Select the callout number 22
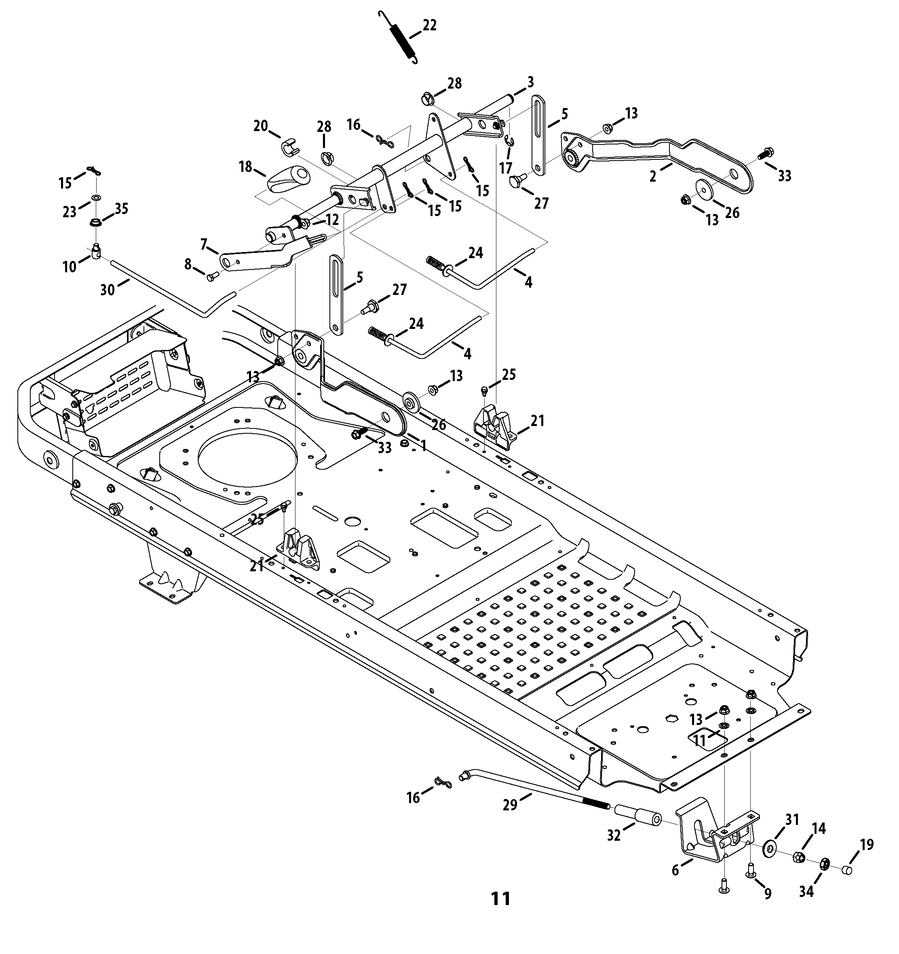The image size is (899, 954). (x=429, y=25)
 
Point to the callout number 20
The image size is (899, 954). (x=261, y=126)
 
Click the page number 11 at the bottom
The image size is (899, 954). (x=501, y=898)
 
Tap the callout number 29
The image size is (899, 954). (x=510, y=805)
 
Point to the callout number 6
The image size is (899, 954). (x=675, y=869)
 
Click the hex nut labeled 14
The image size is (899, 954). (x=798, y=856)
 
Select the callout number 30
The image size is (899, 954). (x=108, y=289)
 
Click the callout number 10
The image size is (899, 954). (x=70, y=266)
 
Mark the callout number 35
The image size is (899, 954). (x=121, y=209)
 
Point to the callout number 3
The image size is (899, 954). (x=530, y=82)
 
